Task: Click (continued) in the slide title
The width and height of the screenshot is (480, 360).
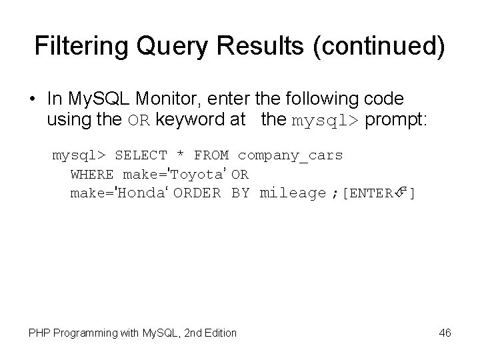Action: [x=384, y=46]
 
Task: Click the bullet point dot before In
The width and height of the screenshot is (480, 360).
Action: [x=31, y=99]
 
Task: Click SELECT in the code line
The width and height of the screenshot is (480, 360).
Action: [x=141, y=156]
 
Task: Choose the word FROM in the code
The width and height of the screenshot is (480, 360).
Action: [x=211, y=156]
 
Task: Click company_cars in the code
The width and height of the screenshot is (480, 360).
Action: [x=290, y=156]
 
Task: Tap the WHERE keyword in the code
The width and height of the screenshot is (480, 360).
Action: [x=92, y=175]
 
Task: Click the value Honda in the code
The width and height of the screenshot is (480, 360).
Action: [x=141, y=193]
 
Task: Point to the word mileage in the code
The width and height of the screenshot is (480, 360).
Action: [x=292, y=193]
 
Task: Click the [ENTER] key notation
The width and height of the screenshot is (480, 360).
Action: [x=378, y=193]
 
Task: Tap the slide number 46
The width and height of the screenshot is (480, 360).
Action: [x=445, y=332]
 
